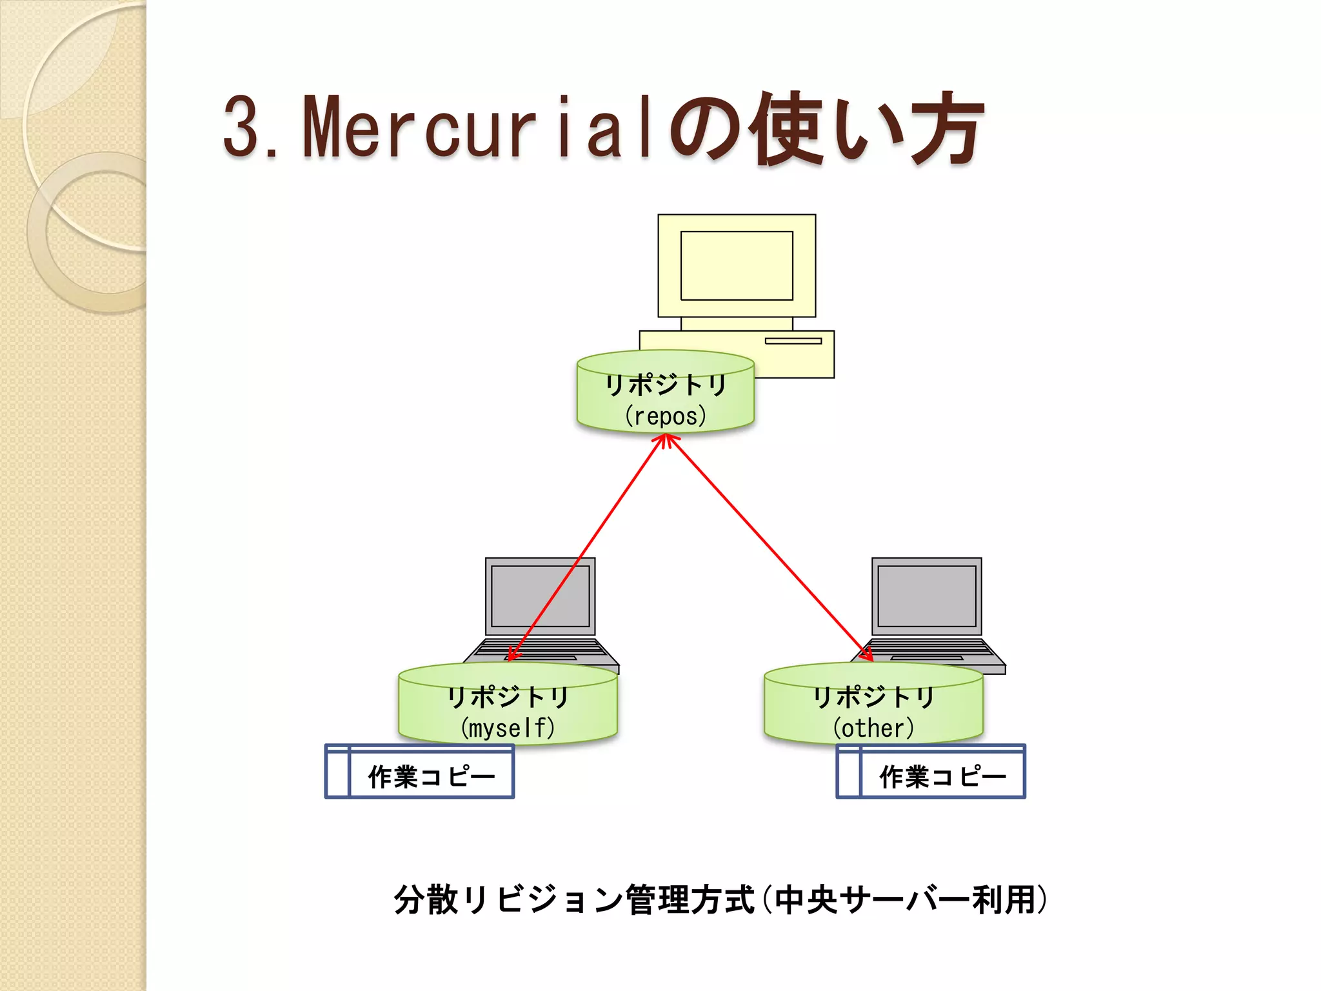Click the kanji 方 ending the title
(946, 127)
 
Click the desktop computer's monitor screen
(737, 266)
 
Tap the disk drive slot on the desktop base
(793, 341)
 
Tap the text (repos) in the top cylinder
(665, 417)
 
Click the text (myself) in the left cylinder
(508, 728)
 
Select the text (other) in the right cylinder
(873, 728)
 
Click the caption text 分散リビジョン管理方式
(574, 899)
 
